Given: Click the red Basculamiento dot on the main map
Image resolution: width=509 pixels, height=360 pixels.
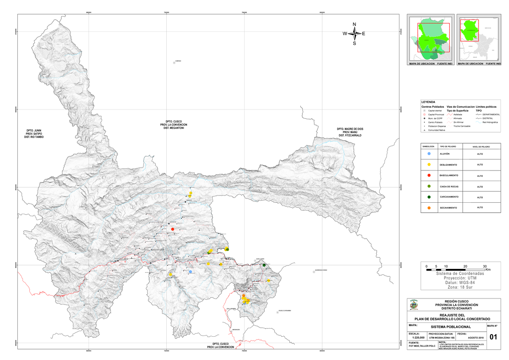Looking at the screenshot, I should point(173,229).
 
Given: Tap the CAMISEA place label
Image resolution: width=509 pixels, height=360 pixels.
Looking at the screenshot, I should point(178,61).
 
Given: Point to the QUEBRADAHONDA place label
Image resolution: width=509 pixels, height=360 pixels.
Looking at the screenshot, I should point(322,270).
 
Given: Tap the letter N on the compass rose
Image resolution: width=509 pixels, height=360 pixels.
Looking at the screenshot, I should point(355,24).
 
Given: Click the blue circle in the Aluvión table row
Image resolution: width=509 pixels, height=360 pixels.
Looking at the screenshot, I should point(429,153).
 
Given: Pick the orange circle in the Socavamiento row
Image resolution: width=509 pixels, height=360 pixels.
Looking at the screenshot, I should point(429,208).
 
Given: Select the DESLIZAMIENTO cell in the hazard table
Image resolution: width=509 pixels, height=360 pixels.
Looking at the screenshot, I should point(448,165).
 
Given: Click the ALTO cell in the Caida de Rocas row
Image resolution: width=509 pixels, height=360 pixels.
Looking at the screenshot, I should point(480,187).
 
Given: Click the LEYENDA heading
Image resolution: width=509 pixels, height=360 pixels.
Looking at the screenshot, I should point(428,102).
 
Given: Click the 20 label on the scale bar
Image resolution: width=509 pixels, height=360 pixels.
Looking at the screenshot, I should point(465,266).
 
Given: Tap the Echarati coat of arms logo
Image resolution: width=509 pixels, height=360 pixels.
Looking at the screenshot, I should point(414,305).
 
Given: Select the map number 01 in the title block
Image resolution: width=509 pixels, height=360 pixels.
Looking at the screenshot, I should point(493,337).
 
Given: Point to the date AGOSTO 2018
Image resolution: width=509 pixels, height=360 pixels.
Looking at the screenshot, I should point(475,337).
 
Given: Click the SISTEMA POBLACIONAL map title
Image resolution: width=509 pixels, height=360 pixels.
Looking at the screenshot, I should point(450,327).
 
